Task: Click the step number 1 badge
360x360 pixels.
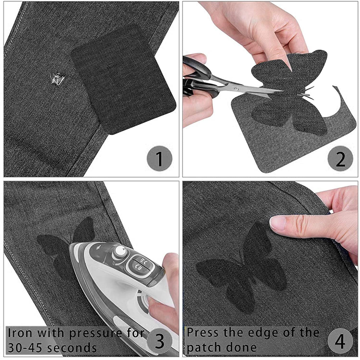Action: (x=159, y=159)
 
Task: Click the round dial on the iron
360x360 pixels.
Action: (x=120, y=252)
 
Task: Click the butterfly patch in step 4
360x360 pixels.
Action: (x=244, y=270)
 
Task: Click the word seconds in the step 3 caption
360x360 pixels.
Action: (x=73, y=347)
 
